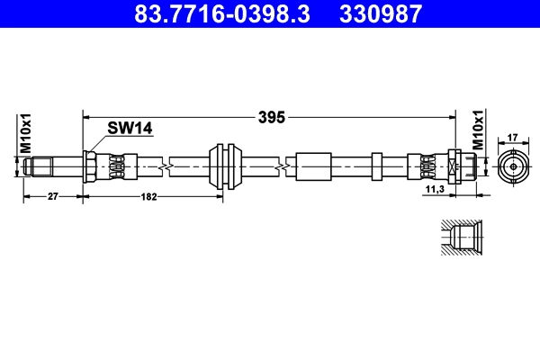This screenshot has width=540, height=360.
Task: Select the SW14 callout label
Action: tap(130, 129)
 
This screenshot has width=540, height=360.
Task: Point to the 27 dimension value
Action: tap(52, 197)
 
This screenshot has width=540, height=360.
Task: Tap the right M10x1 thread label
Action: tap(479, 133)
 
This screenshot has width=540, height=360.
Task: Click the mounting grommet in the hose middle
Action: tap(224, 166)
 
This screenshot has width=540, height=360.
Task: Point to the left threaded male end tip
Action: tap(34, 166)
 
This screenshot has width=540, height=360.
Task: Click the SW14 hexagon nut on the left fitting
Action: tap(91, 166)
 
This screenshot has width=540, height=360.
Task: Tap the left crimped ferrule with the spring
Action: tap(119, 166)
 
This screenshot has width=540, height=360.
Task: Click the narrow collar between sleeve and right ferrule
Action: tap(376, 166)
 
